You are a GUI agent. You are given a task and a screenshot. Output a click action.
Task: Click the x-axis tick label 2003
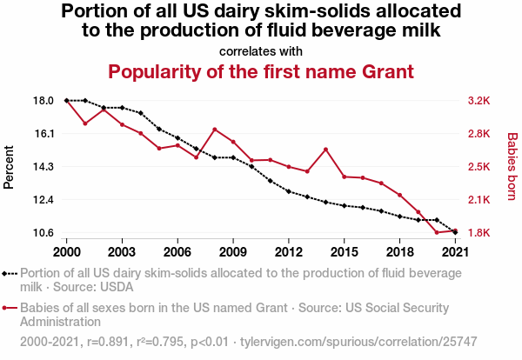tap(122, 251)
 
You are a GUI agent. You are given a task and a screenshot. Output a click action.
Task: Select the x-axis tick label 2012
tap(288, 251)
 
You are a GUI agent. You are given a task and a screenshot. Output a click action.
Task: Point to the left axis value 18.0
tap(43, 101)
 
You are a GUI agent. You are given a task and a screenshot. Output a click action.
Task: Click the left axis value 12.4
tap(43, 200)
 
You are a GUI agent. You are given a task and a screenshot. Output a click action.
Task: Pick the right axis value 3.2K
tap(479, 101)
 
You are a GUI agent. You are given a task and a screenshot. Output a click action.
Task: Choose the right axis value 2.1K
tap(479, 200)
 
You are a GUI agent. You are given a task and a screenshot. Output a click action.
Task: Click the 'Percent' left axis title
tap(10, 166)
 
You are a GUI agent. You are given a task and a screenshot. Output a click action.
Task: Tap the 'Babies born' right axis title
tap(512, 166)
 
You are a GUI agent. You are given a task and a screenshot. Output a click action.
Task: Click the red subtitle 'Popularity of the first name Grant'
tap(260, 70)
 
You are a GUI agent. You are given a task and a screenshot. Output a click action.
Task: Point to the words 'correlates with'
tap(260, 50)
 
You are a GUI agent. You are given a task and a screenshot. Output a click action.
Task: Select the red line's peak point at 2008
tap(215, 130)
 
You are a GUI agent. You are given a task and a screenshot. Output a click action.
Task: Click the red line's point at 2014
tap(325, 150)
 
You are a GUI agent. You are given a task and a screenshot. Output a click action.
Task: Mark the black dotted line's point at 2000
tap(67, 101)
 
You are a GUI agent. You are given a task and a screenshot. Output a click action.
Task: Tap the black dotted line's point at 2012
tap(288, 191)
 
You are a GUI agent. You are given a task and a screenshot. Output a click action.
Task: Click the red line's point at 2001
tap(85, 123)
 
